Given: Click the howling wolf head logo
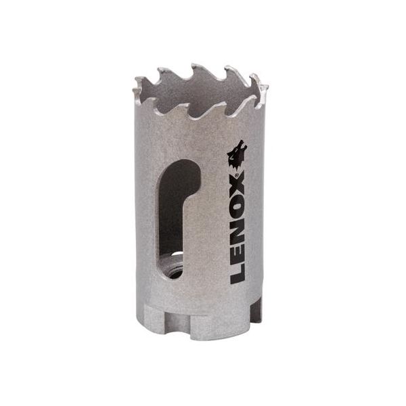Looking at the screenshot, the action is point(237,155).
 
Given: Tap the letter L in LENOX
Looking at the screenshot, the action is point(238,276).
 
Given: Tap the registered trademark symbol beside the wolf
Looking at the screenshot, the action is point(236,177).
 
